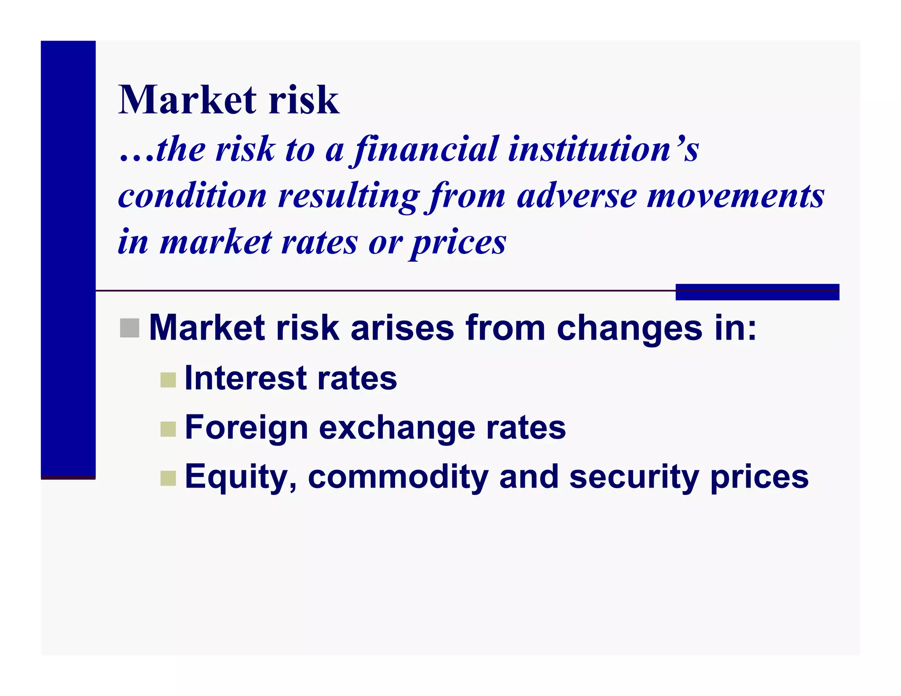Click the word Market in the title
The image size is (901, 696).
click(x=187, y=100)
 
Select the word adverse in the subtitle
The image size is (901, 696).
click(x=576, y=196)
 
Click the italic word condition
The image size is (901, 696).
click(x=192, y=196)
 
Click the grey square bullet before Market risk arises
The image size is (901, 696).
click(x=129, y=328)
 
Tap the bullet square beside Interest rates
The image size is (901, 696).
click(x=168, y=380)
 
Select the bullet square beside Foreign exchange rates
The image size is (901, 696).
click(x=168, y=429)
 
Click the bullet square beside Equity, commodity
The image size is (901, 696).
click(x=168, y=478)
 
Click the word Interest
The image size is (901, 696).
click(x=245, y=378)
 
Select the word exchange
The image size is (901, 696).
click(x=396, y=428)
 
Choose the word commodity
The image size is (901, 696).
click(x=398, y=477)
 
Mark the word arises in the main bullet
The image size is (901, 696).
click(x=402, y=328)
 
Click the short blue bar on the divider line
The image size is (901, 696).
click(x=757, y=292)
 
